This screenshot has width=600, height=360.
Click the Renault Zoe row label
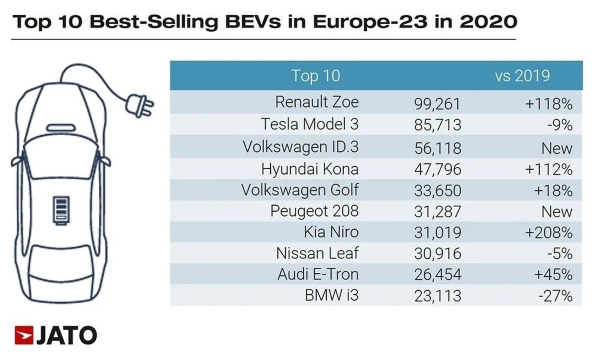(x=317, y=102)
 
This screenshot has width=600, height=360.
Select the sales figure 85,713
(x=437, y=125)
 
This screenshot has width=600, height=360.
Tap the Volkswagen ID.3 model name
(x=300, y=147)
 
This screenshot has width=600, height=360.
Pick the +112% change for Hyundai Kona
(x=549, y=169)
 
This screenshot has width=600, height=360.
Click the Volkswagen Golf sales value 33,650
(x=437, y=190)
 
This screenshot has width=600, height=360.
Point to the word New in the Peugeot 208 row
(x=557, y=211)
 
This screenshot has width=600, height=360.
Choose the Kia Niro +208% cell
(x=549, y=232)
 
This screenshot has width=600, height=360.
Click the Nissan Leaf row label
(x=317, y=253)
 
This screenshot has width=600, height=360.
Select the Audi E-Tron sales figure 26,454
(x=437, y=274)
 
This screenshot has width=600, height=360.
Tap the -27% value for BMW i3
(x=555, y=296)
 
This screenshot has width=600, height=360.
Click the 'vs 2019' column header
(x=522, y=75)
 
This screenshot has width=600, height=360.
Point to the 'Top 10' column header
(x=316, y=75)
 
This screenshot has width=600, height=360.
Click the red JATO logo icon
(x=24, y=335)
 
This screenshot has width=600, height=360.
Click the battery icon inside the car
(x=61, y=210)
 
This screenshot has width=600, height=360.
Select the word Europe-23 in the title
(x=370, y=21)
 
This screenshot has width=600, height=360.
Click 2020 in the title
(x=488, y=21)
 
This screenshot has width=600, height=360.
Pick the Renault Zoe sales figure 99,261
(x=437, y=104)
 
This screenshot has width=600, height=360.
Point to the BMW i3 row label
(x=331, y=295)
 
